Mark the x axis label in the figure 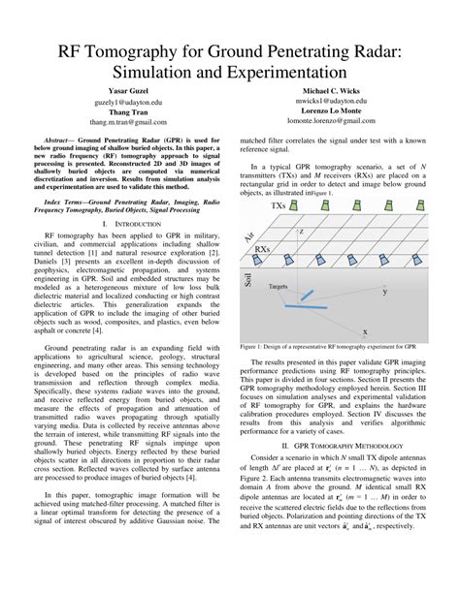(364, 330)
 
